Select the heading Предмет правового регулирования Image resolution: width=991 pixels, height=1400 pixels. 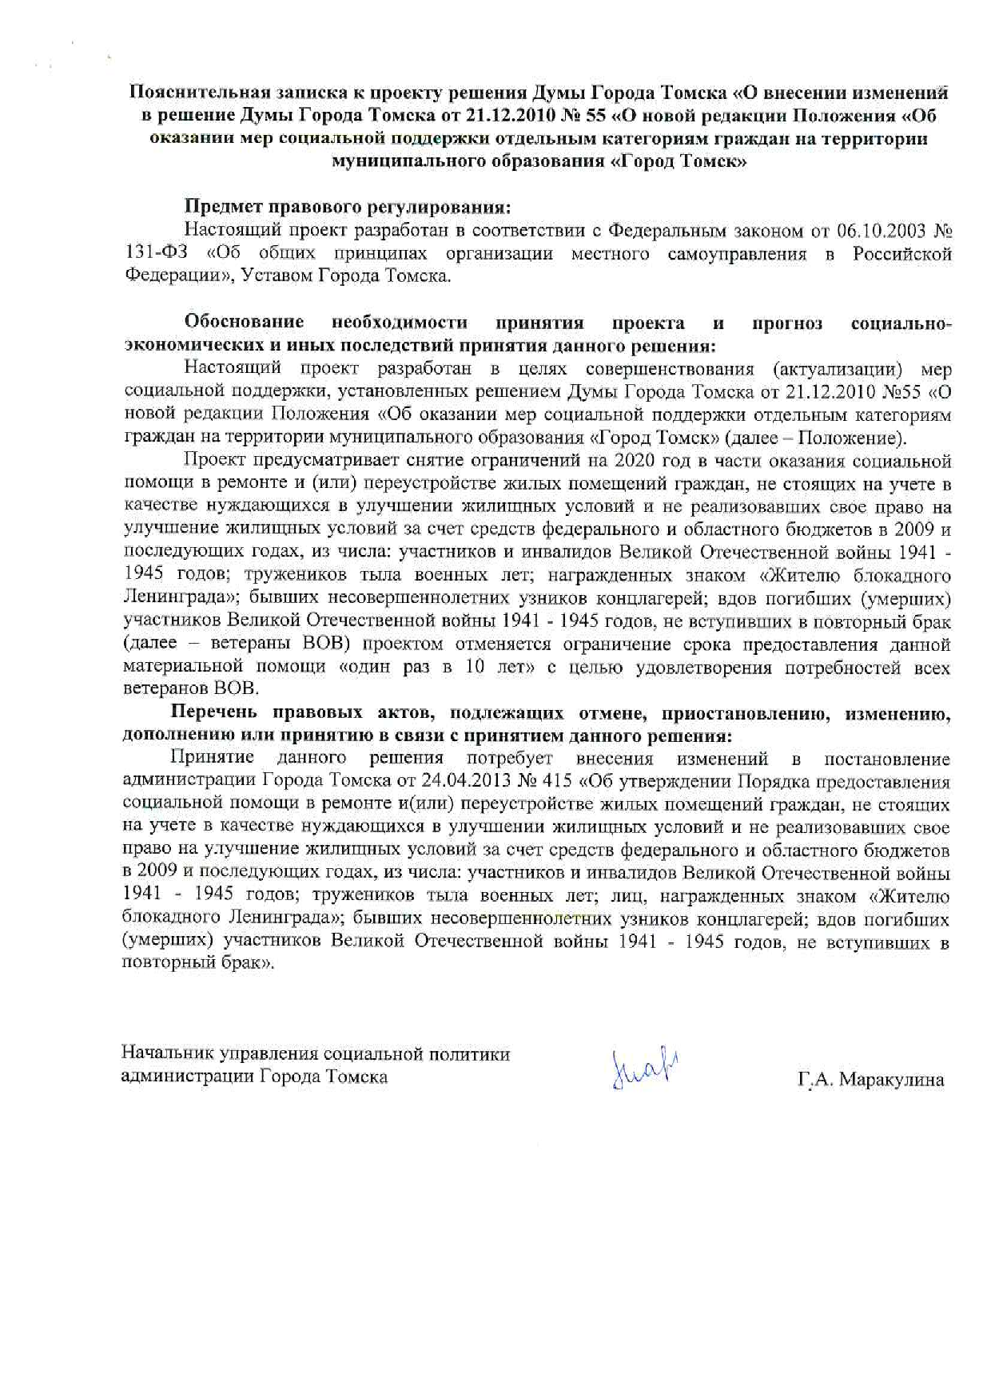[x=348, y=208]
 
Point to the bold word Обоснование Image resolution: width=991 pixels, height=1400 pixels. [x=244, y=323]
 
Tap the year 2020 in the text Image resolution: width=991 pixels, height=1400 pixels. [x=635, y=461]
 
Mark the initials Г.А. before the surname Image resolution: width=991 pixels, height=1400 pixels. [x=816, y=1081]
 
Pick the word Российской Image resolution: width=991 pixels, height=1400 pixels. [x=902, y=255]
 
